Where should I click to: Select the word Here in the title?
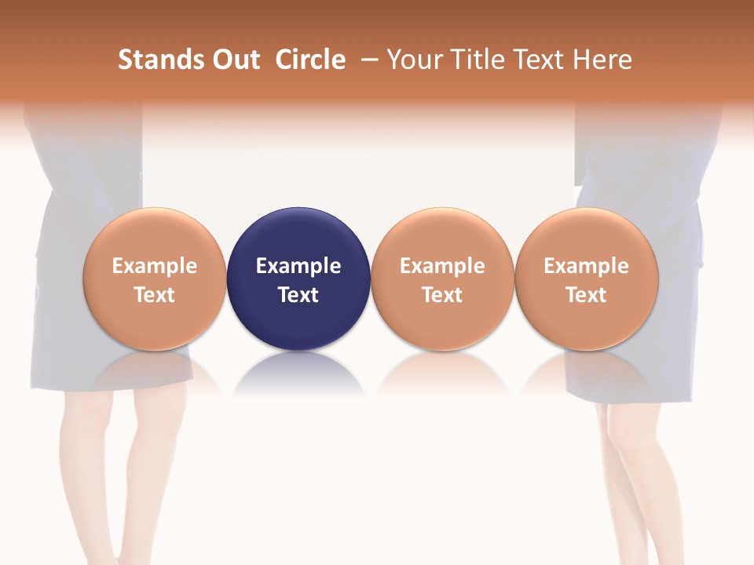[x=603, y=60]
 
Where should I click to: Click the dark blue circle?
[x=298, y=235]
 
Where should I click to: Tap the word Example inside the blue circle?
[x=298, y=266]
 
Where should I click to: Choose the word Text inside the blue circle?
[x=298, y=295]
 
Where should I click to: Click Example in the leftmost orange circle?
[x=155, y=266]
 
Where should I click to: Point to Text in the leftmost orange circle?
[x=155, y=295]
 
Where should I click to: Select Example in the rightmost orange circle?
[x=587, y=266]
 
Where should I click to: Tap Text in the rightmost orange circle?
[x=587, y=295]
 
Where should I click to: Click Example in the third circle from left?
[x=442, y=266]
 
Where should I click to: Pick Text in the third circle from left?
[x=442, y=295]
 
